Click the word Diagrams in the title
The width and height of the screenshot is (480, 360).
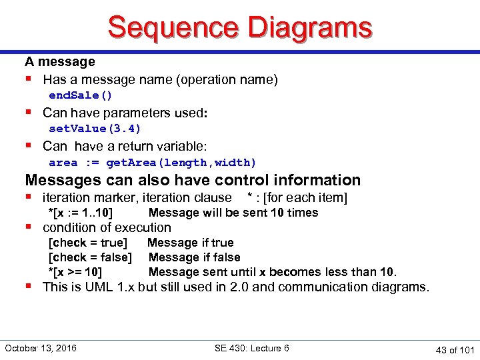[309, 28]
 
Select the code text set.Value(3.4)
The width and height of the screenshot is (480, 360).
[95, 129]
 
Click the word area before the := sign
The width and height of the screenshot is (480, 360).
[63, 162]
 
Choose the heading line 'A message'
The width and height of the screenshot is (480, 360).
[60, 62]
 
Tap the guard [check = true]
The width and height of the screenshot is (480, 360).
[88, 243]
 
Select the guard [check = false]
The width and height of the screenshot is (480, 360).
[90, 257]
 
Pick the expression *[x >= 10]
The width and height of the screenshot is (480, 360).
[75, 272]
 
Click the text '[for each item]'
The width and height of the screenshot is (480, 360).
[305, 197]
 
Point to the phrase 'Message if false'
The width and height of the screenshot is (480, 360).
[194, 257]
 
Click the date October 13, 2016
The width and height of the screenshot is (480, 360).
[41, 348]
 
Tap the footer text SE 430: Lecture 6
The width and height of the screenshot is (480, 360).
[252, 348]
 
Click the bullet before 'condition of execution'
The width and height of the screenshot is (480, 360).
[29, 227]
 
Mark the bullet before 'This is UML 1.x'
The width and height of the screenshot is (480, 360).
[29, 286]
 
